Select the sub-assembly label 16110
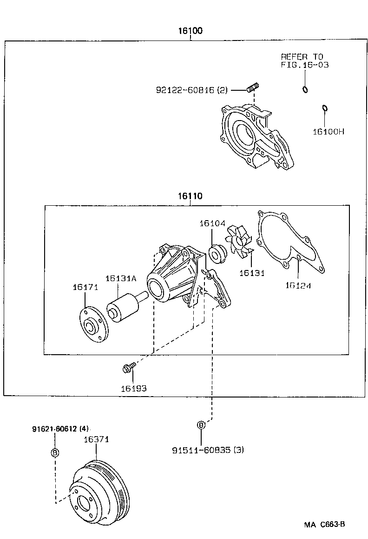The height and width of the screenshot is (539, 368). coord(189,196)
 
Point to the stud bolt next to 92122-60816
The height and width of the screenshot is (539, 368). coord(253,87)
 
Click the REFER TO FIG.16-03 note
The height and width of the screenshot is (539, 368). coord(304,61)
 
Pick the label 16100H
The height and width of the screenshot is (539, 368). coord(328,131)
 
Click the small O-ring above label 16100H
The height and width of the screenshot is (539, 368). coord(325,109)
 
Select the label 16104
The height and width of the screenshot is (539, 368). coord(212,224)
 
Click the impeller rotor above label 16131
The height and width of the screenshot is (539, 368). coord(237,243)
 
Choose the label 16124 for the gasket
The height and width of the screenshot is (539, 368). coord(298,285)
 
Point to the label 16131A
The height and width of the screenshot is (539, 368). coord(120,278)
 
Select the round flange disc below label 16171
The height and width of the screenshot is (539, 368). coord(92,326)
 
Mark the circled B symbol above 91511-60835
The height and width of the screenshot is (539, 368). coord(201,425)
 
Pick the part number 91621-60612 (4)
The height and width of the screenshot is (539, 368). coord(60,429)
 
